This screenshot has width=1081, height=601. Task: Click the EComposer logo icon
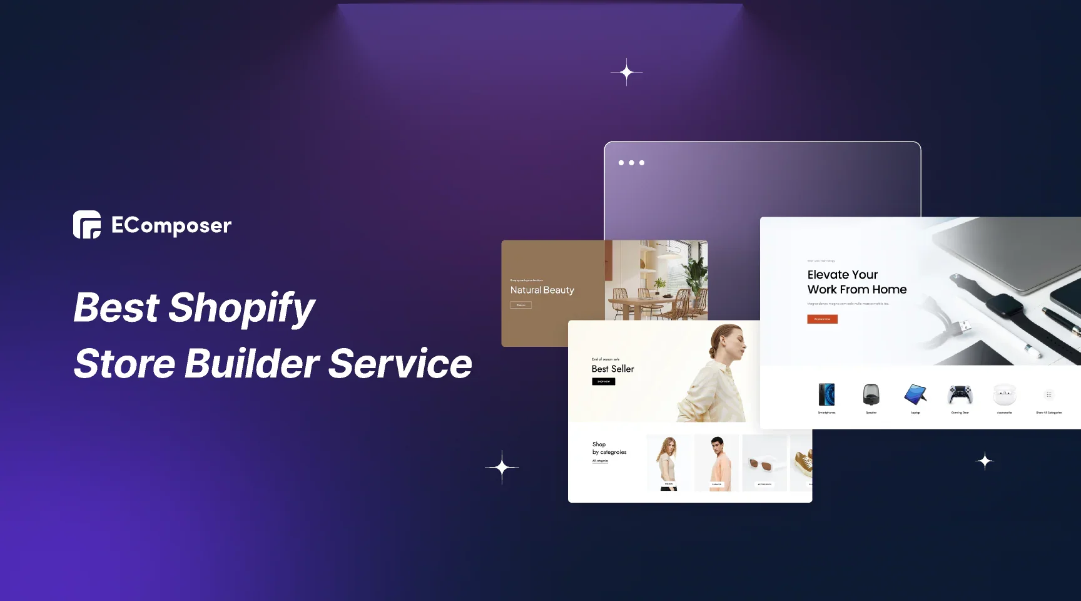point(87,225)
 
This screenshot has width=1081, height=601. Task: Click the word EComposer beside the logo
point(171,225)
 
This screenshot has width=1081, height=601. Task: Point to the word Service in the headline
point(400,364)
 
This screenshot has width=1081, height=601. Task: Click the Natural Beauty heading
point(542,290)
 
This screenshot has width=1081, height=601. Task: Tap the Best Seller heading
point(612,369)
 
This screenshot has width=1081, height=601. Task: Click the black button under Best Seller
point(603,381)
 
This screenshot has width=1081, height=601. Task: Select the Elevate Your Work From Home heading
point(856,282)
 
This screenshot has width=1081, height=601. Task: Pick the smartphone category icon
point(826,394)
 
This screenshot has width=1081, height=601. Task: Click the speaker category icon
point(871,394)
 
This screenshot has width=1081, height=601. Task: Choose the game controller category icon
point(960,394)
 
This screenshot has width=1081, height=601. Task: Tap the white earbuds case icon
point(1004,394)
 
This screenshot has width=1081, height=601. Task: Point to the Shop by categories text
point(609,448)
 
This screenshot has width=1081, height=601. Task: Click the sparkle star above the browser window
point(626,73)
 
